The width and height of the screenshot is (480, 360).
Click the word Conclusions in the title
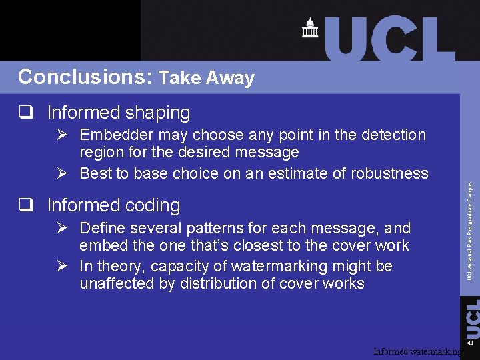85,77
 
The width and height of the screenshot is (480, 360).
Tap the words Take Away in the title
207,78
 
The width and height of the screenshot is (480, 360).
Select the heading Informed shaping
119,113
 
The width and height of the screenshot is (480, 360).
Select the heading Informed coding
113,205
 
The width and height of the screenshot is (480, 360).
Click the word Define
102,228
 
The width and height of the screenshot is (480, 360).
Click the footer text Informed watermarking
417,351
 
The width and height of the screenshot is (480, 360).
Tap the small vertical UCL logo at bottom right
471,320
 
